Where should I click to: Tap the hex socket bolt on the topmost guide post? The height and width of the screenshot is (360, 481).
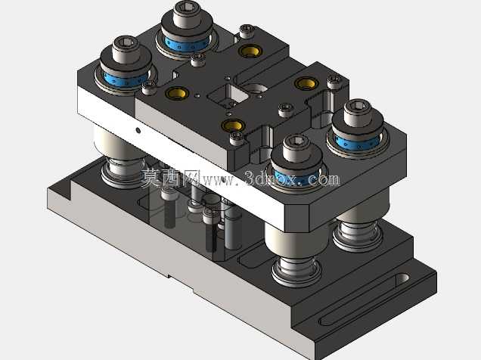[x=187, y=14]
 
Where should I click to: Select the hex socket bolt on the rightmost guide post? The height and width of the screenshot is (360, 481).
[x=358, y=112]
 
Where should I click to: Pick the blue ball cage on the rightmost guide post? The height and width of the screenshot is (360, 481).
[x=358, y=142]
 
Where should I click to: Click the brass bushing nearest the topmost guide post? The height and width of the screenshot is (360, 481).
[x=250, y=51]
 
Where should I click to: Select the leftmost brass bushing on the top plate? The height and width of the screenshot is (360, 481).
[x=177, y=92]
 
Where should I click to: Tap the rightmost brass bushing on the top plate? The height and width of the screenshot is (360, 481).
[x=306, y=83]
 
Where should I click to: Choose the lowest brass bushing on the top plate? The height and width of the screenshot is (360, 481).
[x=234, y=125]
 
